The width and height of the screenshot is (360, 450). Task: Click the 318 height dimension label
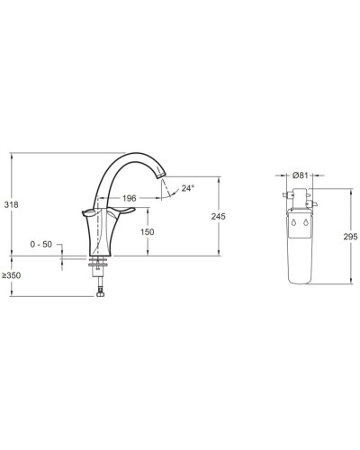point(12,204)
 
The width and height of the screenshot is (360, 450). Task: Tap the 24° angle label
point(187,188)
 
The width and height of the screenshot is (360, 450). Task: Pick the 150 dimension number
point(147,232)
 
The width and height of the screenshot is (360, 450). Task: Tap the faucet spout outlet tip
point(165,192)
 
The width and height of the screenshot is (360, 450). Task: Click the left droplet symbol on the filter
point(295,220)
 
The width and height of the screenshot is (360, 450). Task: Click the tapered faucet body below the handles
point(101,237)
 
